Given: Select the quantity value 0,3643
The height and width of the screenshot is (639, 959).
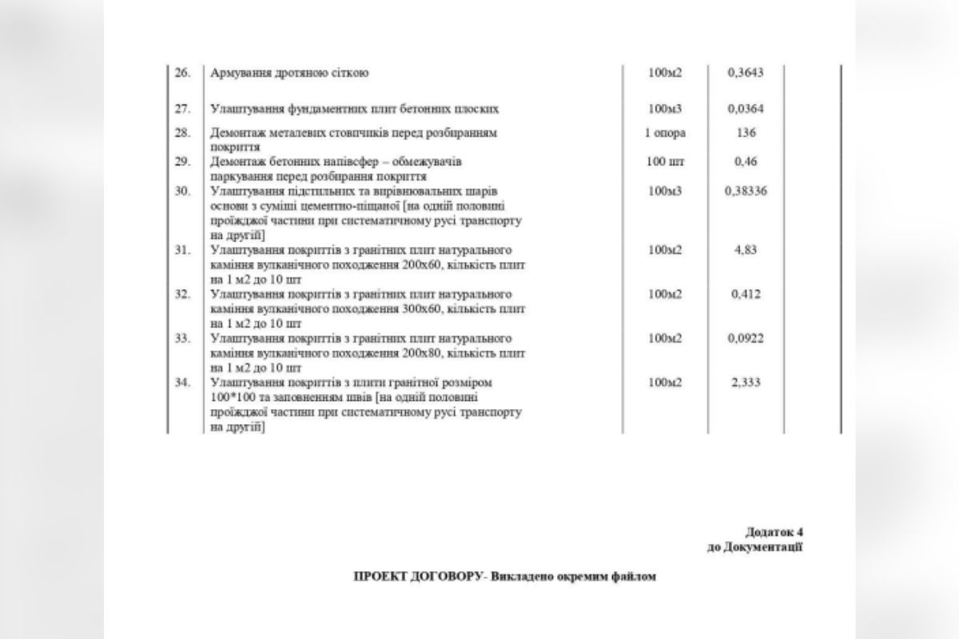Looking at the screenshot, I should [x=746, y=73].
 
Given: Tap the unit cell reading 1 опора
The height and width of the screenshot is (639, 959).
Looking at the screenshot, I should [x=665, y=133].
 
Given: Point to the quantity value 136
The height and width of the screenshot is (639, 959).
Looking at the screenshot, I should [x=746, y=133].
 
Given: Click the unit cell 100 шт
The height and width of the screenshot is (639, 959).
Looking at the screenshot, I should [x=665, y=162].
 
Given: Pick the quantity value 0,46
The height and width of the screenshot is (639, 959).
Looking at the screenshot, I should [x=746, y=162].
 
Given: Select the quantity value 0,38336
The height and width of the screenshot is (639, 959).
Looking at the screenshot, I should [x=746, y=192].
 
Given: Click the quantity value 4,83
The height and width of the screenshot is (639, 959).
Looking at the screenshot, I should [x=746, y=250].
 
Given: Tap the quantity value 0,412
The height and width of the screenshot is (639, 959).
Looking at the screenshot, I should [x=746, y=294].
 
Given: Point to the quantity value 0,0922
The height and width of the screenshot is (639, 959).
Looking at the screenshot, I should [x=746, y=338].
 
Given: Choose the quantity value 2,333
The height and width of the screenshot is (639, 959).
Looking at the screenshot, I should [x=746, y=383].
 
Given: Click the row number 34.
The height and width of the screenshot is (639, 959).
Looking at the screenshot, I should [x=182, y=383].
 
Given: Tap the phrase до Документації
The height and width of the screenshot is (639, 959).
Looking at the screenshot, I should [x=754, y=547].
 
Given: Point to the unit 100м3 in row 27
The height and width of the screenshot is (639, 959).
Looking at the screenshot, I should [x=665, y=108].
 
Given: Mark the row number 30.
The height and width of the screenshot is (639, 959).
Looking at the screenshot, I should [x=182, y=192].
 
